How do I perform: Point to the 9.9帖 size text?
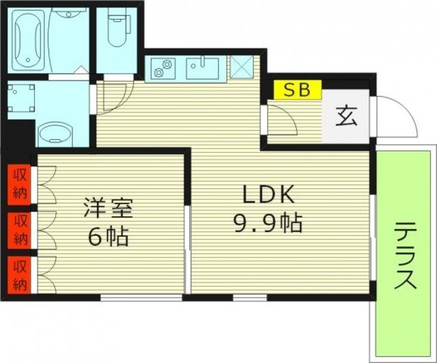tap(268, 224)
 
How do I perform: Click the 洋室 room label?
tap(109, 207)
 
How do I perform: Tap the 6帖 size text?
tap(109, 237)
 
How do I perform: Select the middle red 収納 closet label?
tap(20, 229)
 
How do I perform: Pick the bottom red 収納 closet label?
tap(20, 274)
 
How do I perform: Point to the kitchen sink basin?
tap(203, 68)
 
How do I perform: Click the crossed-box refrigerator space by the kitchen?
tap(241, 67)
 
